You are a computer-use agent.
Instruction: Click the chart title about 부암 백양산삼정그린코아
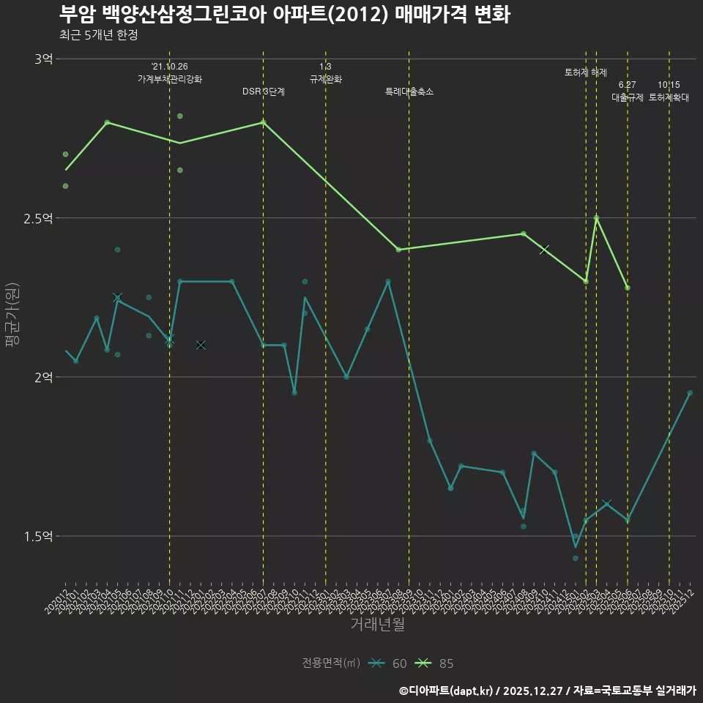point(284,14)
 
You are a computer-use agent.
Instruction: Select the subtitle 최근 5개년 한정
point(98,34)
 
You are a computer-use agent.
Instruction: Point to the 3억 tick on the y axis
point(43,59)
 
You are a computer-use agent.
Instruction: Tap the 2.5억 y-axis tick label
point(38,218)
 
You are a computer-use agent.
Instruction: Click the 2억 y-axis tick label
point(43,377)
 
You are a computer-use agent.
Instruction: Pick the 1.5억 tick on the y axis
point(38,536)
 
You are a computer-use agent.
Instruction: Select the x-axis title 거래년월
point(377,625)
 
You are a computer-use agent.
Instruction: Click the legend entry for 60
point(388,663)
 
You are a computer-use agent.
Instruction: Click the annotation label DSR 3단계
point(264,92)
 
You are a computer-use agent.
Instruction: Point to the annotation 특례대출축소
point(409,92)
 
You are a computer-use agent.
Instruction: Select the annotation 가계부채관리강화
point(170,78)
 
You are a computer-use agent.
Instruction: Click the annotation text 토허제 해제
point(586,72)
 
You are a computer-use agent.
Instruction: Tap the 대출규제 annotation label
point(628,97)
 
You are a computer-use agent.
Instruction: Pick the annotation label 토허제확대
point(669,97)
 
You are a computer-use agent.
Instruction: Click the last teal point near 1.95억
point(690,393)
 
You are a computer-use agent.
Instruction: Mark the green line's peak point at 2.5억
point(596,218)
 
